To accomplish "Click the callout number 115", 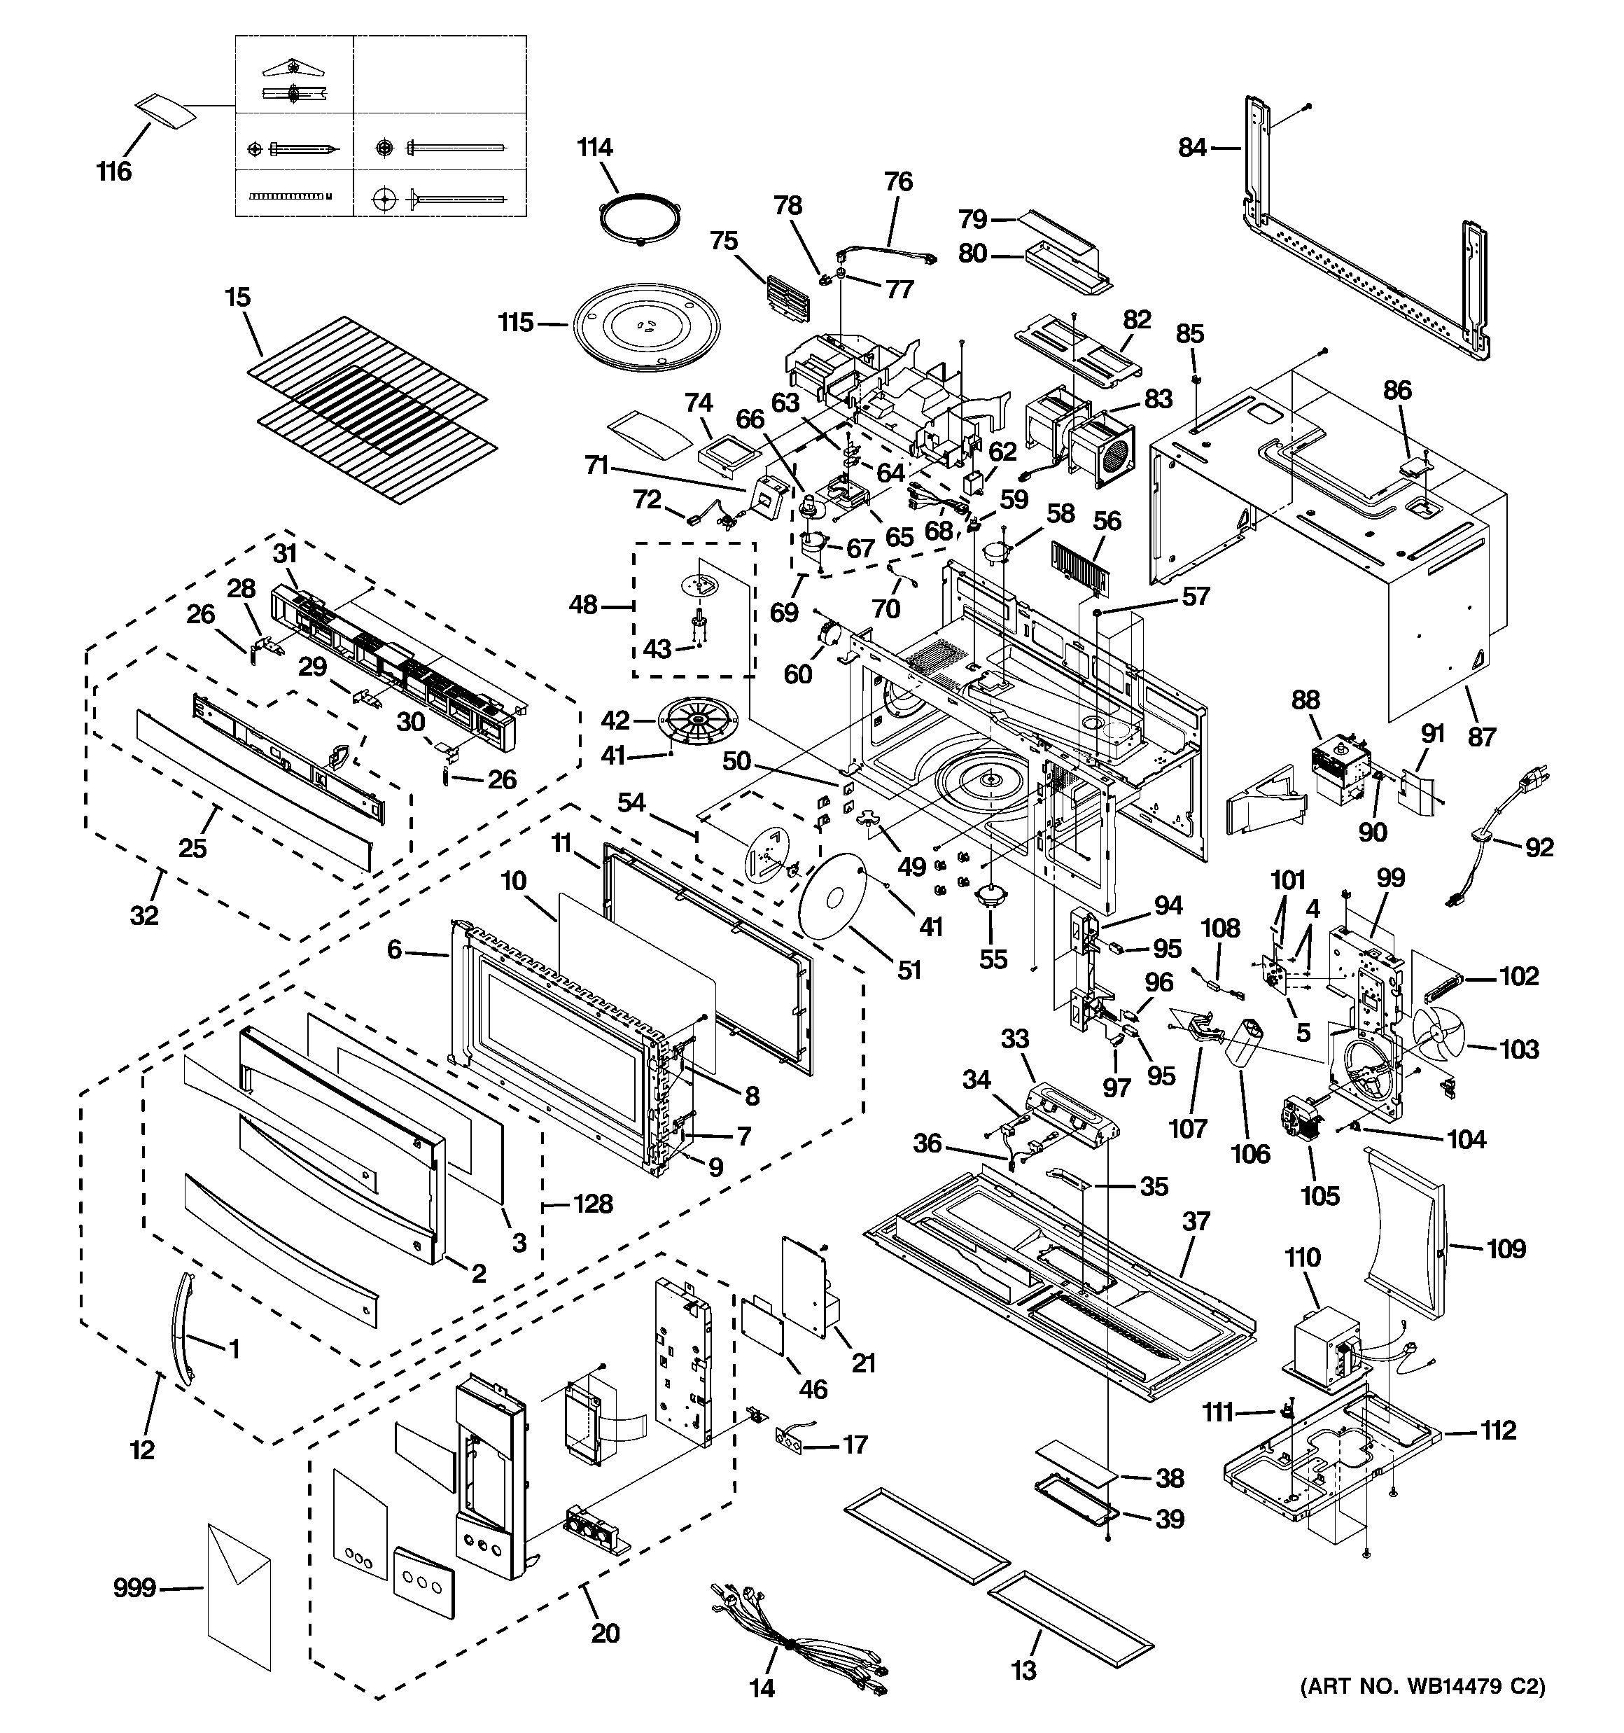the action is point(515,323).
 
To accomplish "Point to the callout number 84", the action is point(1191,148).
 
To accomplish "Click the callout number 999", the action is point(135,1588).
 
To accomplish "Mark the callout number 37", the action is point(1196,1221).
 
